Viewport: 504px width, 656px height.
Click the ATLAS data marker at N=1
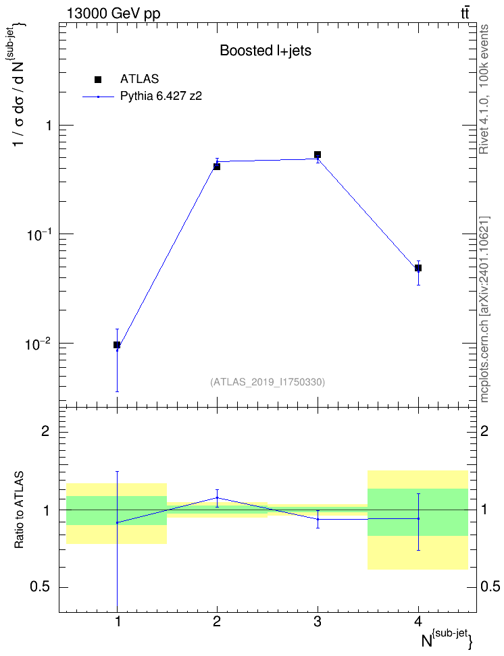pyautogui.click(x=117, y=345)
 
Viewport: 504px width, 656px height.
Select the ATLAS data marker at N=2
pyautogui.click(x=217, y=167)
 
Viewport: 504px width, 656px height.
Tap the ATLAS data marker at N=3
pyautogui.click(x=318, y=155)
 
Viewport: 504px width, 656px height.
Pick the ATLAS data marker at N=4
pyautogui.click(x=418, y=268)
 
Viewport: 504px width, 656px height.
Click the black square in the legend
pyautogui.click(x=98, y=80)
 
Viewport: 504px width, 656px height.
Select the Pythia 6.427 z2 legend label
pyautogui.click(x=161, y=97)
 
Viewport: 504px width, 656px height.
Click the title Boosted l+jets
pyautogui.click(x=266, y=51)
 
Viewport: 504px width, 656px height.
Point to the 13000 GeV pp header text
pyautogui.click(x=114, y=13)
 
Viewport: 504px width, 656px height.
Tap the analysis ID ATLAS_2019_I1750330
pyautogui.click(x=268, y=381)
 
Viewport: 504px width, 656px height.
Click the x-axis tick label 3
pyautogui.click(x=318, y=622)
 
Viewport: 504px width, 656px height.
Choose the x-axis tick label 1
pyautogui.click(x=118, y=622)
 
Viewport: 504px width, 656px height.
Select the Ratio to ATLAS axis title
pyautogui.click(x=19, y=510)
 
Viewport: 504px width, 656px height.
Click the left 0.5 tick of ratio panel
pyautogui.click(x=41, y=587)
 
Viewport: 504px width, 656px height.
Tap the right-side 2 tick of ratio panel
pyautogui.click(x=484, y=431)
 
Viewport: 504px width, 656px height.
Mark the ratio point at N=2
pyautogui.click(x=217, y=498)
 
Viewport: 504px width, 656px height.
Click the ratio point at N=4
pyautogui.click(x=418, y=519)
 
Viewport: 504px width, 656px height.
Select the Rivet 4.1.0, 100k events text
pyautogui.click(x=484, y=90)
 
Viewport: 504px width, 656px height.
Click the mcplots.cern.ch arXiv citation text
pyautogui.click(x=484, y=309)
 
